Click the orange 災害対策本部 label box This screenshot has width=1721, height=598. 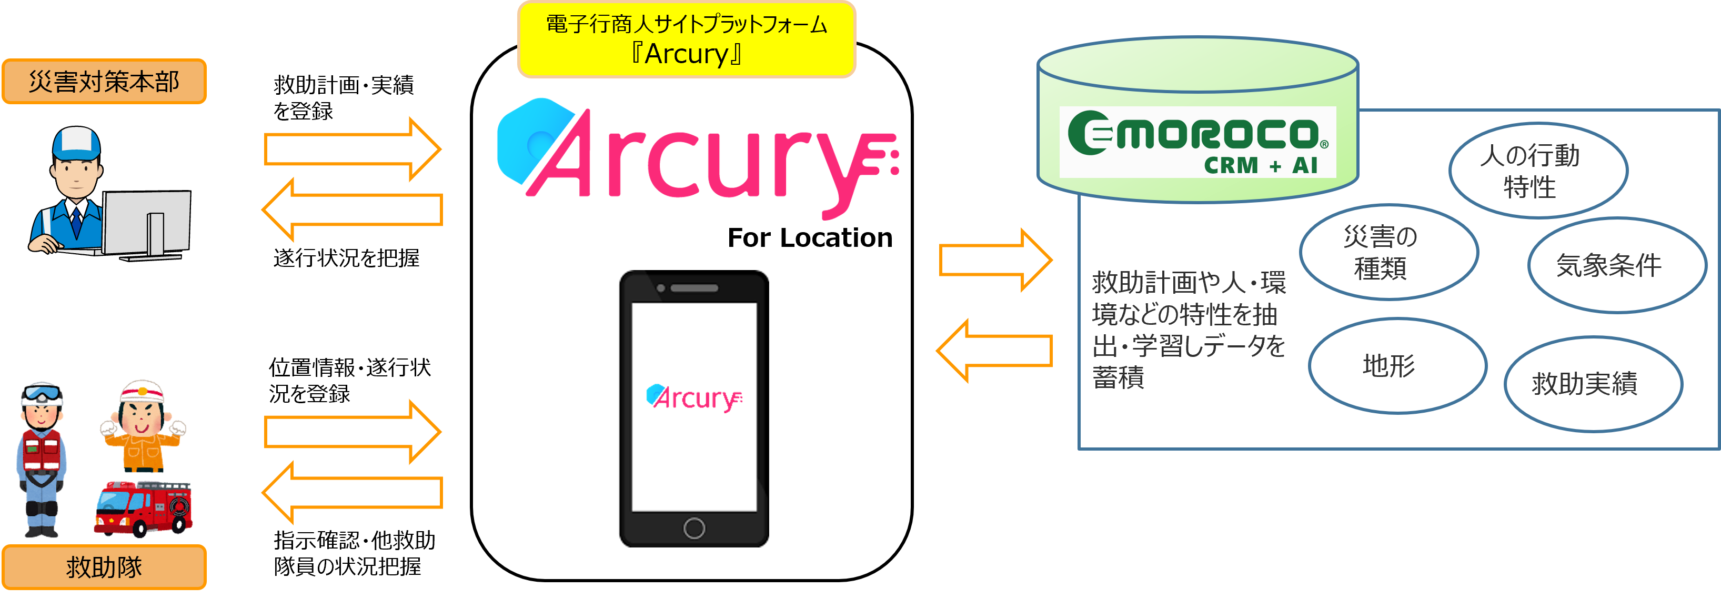104,82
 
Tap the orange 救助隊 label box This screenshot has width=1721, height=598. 104,566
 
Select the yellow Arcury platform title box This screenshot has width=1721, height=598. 686,39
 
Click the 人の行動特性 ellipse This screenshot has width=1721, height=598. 1538,171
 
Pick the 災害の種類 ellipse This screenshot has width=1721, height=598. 1388,252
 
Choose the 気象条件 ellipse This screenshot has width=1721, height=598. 1617,265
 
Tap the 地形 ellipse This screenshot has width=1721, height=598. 1397,365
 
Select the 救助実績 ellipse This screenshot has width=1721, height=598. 1593,384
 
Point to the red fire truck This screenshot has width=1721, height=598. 143,508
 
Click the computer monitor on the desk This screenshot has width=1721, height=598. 147,224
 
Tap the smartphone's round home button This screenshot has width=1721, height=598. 694,528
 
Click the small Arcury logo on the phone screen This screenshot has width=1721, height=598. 694,397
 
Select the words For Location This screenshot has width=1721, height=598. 810,237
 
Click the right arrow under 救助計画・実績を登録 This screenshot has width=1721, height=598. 352,149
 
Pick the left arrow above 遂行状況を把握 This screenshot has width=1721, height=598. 352,209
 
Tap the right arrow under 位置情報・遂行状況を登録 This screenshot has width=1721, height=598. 352,432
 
